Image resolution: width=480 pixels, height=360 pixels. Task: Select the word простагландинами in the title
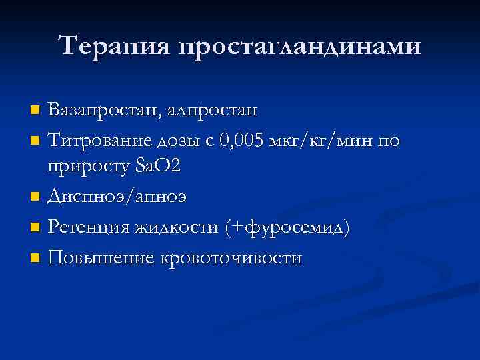(300, 47)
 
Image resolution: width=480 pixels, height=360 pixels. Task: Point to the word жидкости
(177, 227)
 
